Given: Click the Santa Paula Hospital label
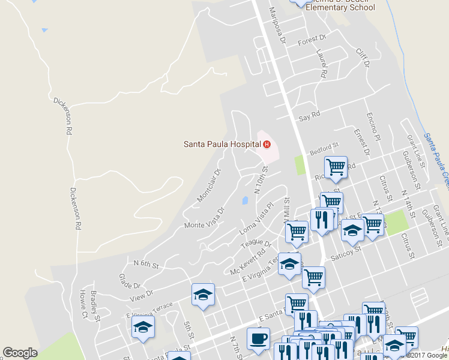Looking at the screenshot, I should tap(221, 144).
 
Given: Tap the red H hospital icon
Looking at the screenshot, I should tap(267, 144).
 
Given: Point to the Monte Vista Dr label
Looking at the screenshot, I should tap(204, 219).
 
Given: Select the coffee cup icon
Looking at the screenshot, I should tap(258, 338).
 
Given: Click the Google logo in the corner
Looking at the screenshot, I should tap(20, 353).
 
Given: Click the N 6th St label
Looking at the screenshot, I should tap(145, 263).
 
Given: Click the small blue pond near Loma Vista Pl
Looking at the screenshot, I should tap(245, 200).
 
